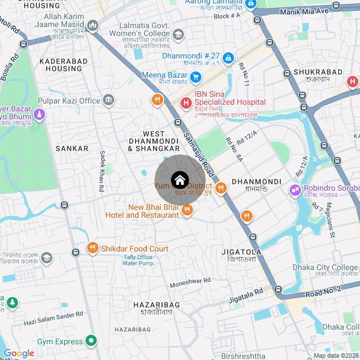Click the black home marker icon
tap(179, 180)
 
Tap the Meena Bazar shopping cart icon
tap(196, 76)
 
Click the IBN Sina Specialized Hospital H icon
tap(185, 103)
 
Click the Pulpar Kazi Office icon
tap(109, 101)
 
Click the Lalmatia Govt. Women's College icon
tap(178, 35)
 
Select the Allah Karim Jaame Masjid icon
tap(92, 25)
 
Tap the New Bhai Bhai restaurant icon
tap(187, 210)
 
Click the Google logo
tap(19, 353)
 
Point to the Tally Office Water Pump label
tap(138, 260)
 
